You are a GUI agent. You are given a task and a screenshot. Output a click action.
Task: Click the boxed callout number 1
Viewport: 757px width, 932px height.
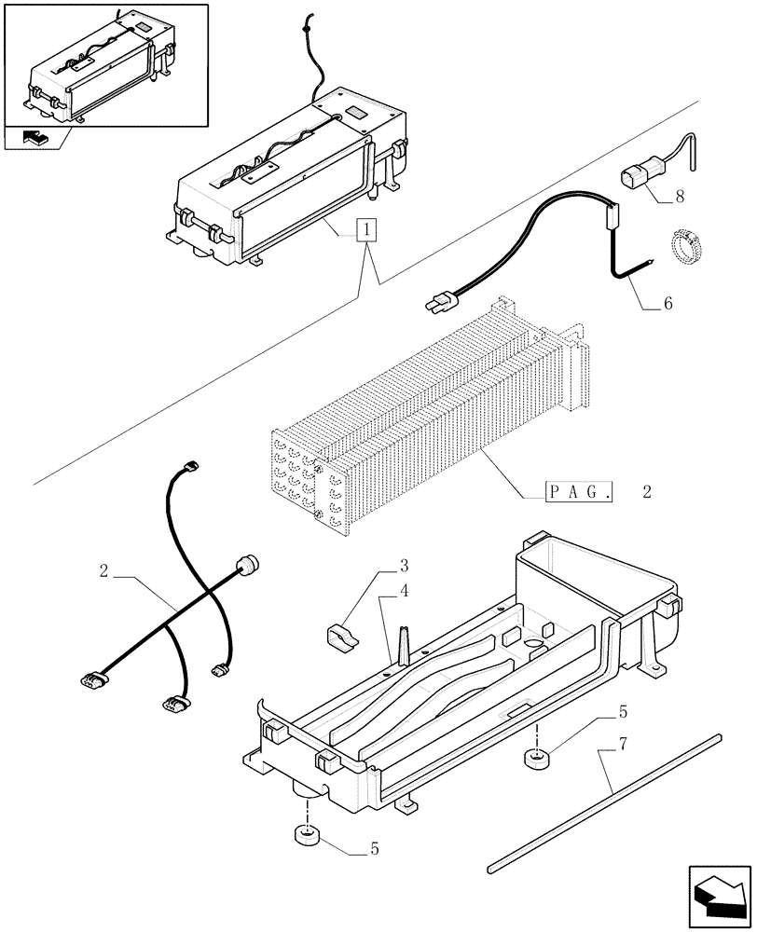(368, 229)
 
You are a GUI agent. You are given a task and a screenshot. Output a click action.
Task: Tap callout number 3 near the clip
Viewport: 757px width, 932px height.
(405, 566)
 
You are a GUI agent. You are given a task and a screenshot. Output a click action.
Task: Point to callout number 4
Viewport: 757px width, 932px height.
(405, 589)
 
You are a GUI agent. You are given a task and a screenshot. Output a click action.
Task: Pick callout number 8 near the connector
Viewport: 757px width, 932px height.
(680, 198)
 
